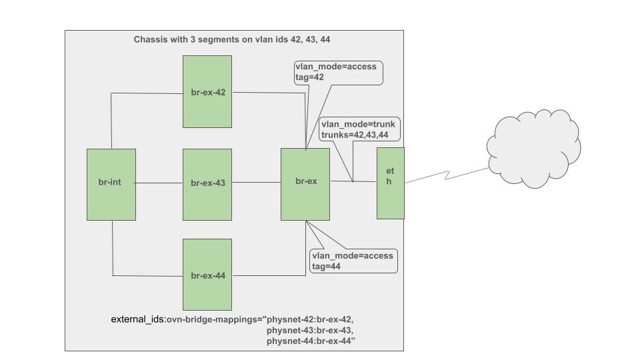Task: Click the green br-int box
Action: click(111, 184)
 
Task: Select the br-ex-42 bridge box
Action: click(207, 91)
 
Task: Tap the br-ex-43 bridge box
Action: click(207, 183)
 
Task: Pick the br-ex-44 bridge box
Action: click(207, 275)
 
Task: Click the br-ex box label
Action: click(306, 181)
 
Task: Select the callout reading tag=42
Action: click(339, 72)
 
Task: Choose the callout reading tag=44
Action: click(353, 261)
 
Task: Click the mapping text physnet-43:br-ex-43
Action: click(309, 331)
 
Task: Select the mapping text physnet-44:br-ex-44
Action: click(309, 341)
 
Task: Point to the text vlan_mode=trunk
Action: click(358, 124)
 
